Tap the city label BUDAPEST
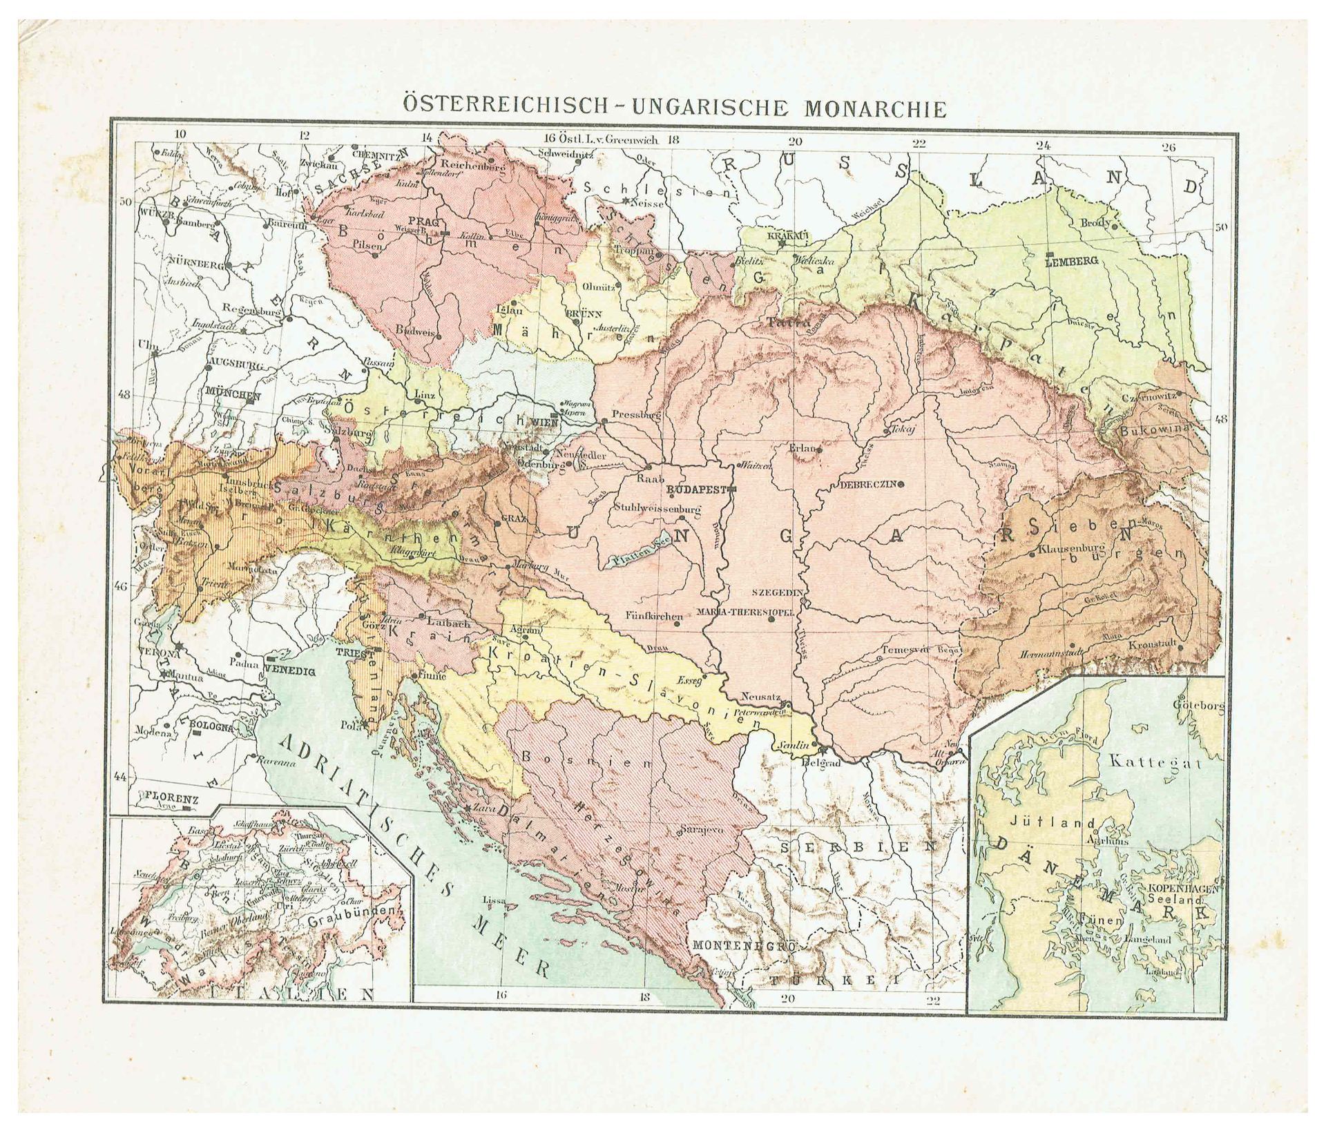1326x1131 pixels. coord(694,487)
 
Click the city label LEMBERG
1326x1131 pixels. coord(1071,262)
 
